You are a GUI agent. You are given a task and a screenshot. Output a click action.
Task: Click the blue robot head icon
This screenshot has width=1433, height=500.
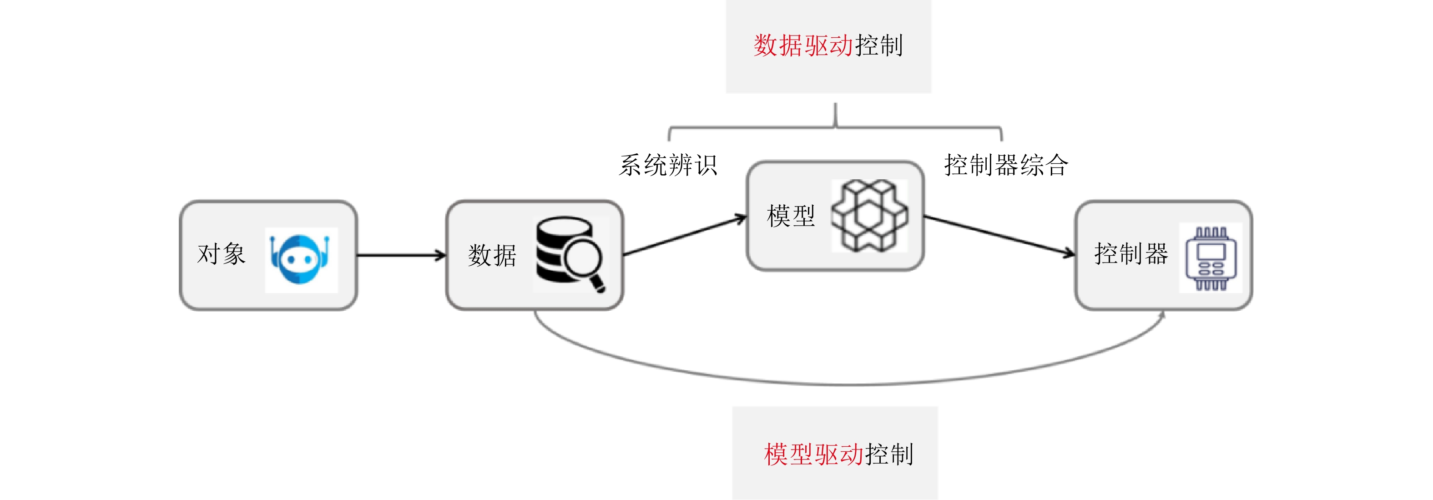pyautogui.click(x=300, y=259)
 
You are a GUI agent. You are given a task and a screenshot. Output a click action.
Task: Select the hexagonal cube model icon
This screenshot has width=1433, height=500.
pyautogui.click(x=869, y=215)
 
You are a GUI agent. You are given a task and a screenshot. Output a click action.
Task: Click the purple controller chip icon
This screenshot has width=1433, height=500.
pyautogui.click(x=1211, y=258)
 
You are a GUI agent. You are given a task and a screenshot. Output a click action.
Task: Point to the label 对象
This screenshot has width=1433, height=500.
pyautogui.click(x=221, y=254)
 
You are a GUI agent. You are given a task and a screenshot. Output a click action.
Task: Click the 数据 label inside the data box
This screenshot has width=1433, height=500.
pyautogui.click(x=492, y=255)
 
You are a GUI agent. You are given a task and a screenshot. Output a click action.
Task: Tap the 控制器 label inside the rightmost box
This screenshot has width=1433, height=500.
pyautogui.click(x=1130, y=254)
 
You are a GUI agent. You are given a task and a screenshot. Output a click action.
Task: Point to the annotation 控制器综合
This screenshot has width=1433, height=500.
pyautogui.click(x=1006, y=165)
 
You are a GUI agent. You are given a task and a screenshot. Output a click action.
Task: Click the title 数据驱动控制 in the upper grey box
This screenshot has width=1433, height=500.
pyautogui.click(x=828, y=45)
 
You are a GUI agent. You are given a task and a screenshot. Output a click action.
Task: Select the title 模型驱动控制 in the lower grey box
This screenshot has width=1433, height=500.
pyautogui.click(x=838, y=455)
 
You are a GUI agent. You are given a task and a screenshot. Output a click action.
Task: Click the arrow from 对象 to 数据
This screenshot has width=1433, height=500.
pyautogui.click(x=400, y=255)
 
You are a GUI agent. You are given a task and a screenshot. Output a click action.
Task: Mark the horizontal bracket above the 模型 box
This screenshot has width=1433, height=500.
pyautogui.click(x=834, y=128)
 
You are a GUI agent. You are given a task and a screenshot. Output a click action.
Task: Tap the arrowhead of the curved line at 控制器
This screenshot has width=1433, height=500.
pyautogui.click(x=1162, y=315)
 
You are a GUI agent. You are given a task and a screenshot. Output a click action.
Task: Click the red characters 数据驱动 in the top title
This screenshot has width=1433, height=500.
pyautogui.click(x=803, y=45)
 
